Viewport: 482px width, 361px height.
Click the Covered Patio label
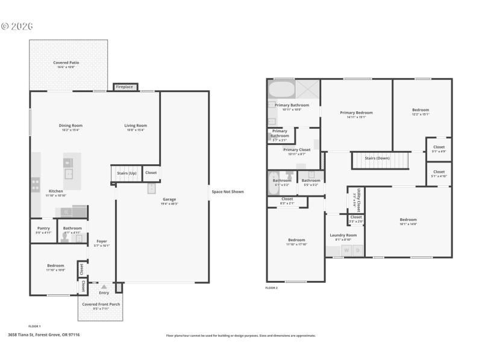pyautogui.click(x=66, y=63)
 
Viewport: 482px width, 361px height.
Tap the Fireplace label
pyautogui.click(x=125, y=87)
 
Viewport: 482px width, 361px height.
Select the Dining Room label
pyautogui.click(x=70, y=125)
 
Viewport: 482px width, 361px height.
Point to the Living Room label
pyautogui.click(x=136, y=125)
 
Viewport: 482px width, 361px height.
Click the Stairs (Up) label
pyautogui.click(x=127, y=173)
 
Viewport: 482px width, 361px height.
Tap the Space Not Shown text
pyautogui.click(x=228, y=192)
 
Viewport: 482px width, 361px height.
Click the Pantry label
pyautogui.click(x=43, y=228)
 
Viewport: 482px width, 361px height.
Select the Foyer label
pyautogui.click(x=102, y=241)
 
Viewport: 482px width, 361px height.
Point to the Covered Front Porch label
pyautogui.click(x=101, y=304)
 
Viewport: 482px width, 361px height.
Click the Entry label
pyautogui.click(x=104, y=293)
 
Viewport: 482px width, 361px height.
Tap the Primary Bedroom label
pyautogui.click(x=356, y=113)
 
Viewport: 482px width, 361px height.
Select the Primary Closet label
pyautogui.click(x=296, y=150)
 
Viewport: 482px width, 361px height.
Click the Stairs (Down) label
pyautogui.click(x=378, y=158)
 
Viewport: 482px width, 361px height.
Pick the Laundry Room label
pyautogui.click(x=343, y=235)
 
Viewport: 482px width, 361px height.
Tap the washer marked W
pyautogui.click(x=346, y=250)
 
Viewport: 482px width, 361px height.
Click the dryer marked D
pyautogui.click(x=357, y=250)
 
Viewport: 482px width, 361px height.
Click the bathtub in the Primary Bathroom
pyautogui.click(x=281, y=90)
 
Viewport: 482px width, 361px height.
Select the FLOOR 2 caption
pyautogui.click(x=272, y=288)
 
